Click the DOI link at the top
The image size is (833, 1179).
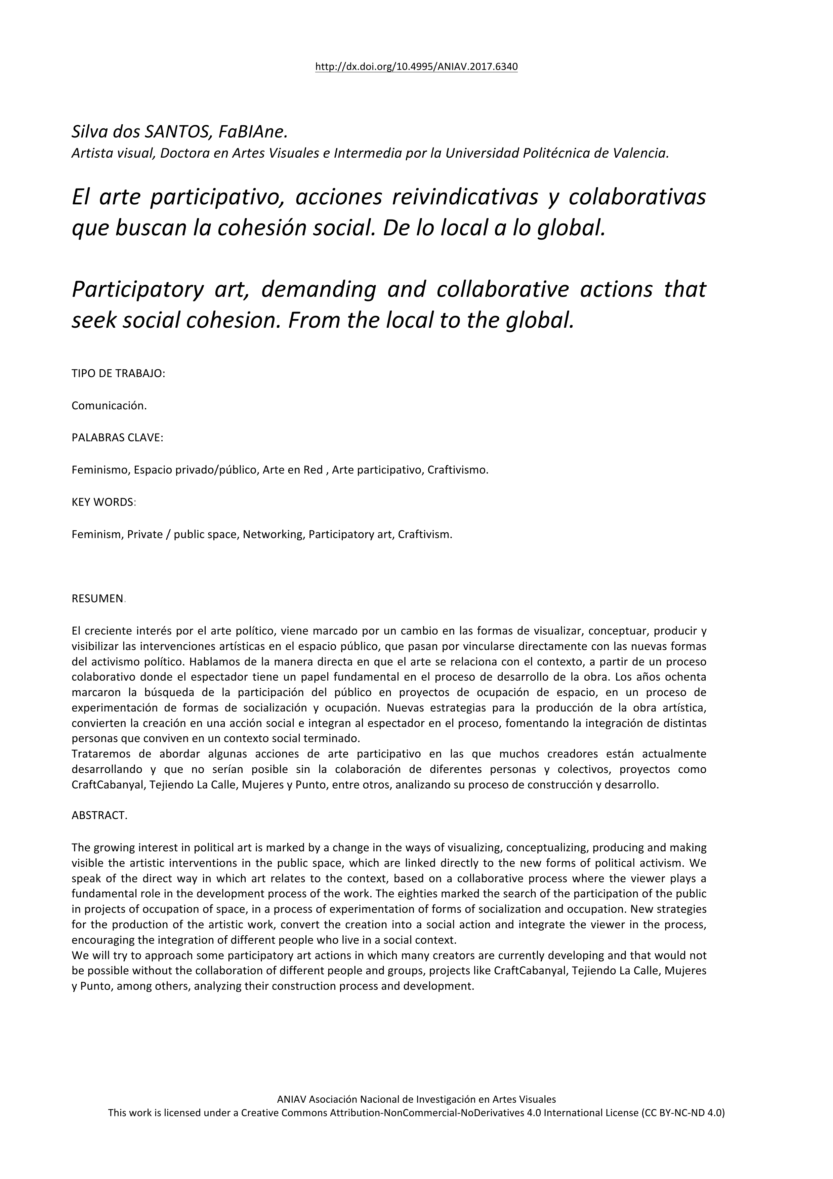click(x=416, y=67)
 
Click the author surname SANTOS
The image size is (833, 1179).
click(x=175, y=132)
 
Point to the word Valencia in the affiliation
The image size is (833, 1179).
click(x=641, y=153)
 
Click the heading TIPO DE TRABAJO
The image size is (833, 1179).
click(x=118, y=374)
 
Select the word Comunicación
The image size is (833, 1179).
click(x=109, y=406)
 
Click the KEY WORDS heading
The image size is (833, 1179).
click(x=102, y=502)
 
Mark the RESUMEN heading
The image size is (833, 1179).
click(x=97, y=599)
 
